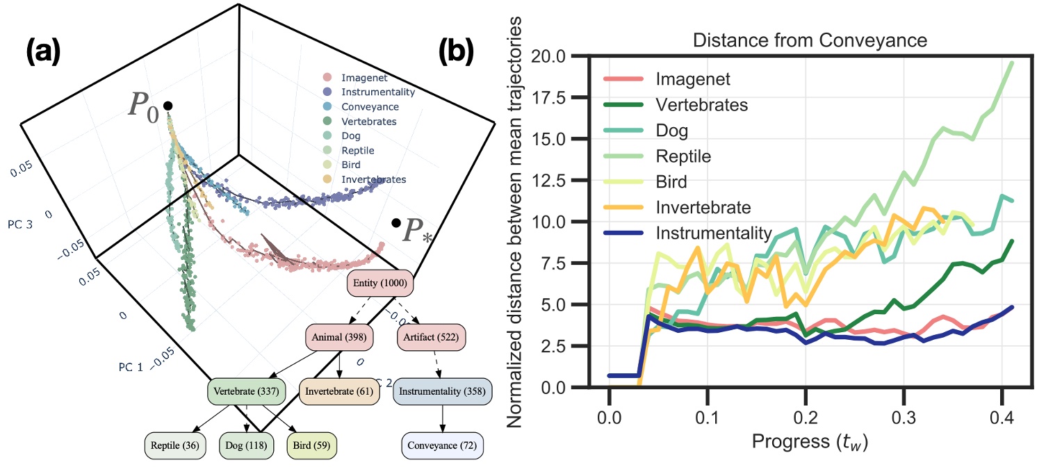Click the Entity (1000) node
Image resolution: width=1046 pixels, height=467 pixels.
(x=381, y=283)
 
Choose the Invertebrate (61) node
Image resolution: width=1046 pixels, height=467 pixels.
(x=338, y=391)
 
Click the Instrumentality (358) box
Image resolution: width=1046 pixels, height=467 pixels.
(x=443, y=391)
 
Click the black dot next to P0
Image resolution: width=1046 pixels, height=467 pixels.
(x=167, y=106)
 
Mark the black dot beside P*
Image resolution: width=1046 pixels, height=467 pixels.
(x=395, y=223)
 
